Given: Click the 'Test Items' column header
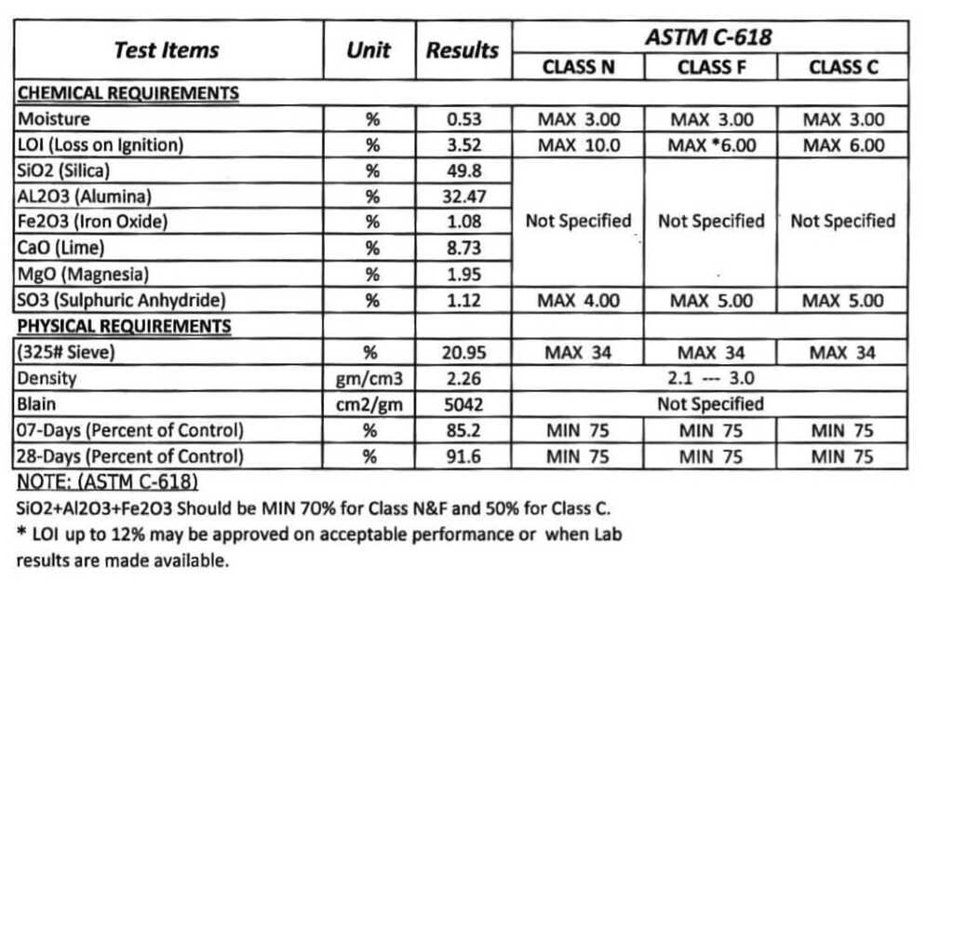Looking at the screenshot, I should tap(167, 50).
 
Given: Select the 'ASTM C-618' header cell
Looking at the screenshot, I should tap(709, 38).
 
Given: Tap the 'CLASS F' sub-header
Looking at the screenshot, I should tap(711, 67).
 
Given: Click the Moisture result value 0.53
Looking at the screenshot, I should tap(463, 119).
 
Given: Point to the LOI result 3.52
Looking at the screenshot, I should tap(463, 145).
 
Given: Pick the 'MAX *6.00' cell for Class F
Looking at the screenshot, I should tap(711, 145).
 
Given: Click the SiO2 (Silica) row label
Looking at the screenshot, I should tap(64, 170).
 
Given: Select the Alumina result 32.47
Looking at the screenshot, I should tap(463, 196).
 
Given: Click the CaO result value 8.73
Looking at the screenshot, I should tap(463, 249).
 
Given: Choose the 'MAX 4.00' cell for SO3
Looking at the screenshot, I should tap(578, 301).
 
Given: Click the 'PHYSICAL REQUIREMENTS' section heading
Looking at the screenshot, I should tap(124, 327).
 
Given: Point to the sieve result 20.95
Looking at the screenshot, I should tap(463, 353).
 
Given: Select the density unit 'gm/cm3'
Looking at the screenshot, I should tap(369, 379).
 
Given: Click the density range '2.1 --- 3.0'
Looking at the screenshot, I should tap(711, 379).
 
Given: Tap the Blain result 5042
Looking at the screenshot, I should tap(463, 405).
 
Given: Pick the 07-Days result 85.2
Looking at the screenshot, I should tap(463, 431).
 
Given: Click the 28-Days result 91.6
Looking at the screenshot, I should tap(463, 457).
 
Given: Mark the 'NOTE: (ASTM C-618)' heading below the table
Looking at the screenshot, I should tap(108, 482).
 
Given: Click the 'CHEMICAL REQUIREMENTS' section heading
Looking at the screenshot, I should tap(128, 93).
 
